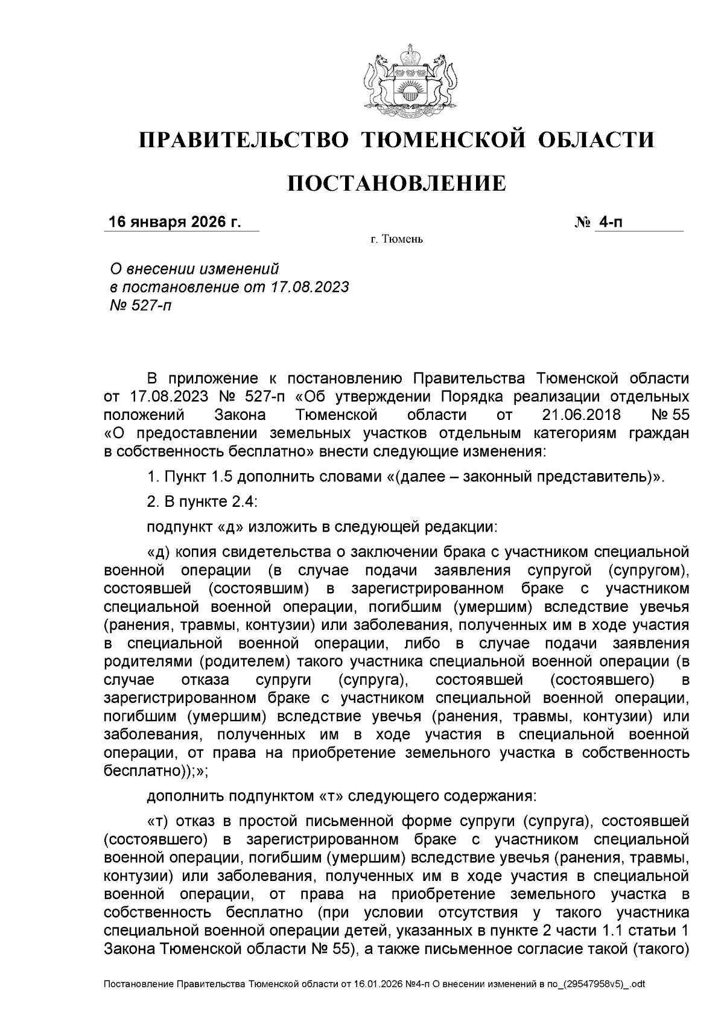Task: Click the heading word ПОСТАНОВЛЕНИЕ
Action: click(x=396, y=183)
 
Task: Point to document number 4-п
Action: click(x=610, y=223)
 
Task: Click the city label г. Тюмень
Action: click(x=396, y=240)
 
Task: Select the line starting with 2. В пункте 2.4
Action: click(x=203, y=501)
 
